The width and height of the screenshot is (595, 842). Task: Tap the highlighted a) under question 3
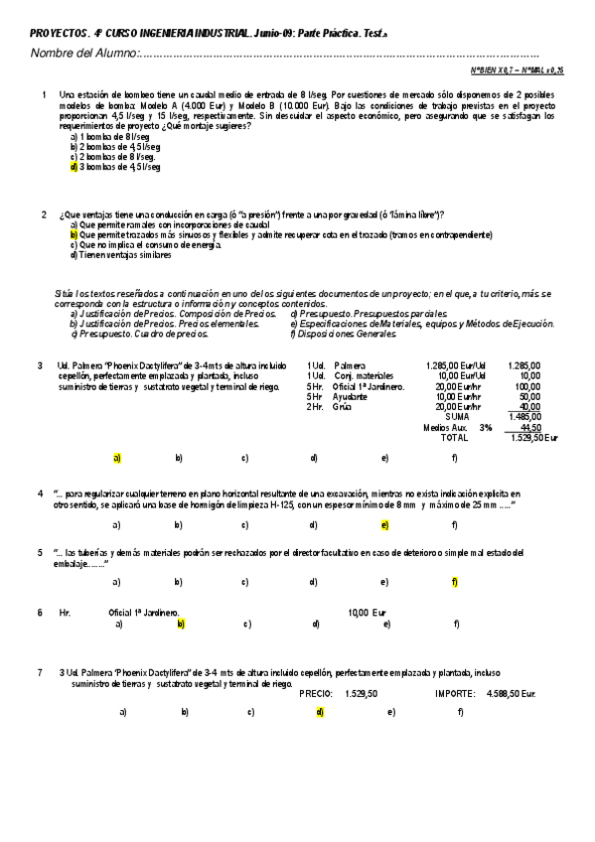[x=117, y=458]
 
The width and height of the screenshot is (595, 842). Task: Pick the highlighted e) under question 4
[x=384, y=524]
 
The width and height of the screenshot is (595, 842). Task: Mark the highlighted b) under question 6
[x=181, y=624]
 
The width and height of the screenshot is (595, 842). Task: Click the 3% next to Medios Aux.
[x=486, y=427]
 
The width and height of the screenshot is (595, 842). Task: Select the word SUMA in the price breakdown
[x=459, y=416]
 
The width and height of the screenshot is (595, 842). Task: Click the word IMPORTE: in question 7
[x=455, y=693]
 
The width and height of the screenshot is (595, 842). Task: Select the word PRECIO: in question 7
[x=316, y=693]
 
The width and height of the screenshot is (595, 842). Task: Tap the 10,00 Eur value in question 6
[x=367, y=613]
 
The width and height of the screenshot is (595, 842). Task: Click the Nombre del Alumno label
[x=83, y=53]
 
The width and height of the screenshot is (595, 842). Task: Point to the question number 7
[x=42, y=672]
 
